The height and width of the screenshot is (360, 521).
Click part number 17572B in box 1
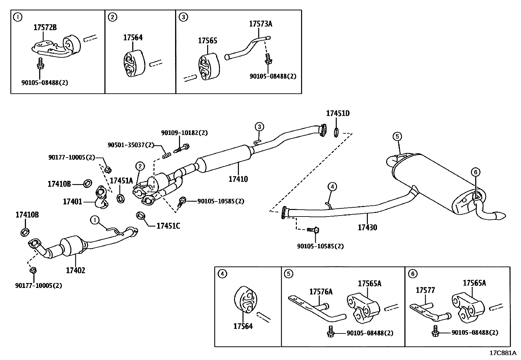[x=45, y=28]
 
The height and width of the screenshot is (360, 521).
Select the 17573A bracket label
[x=260, y=24]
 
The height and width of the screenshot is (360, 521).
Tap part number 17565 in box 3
[x=207, y=41]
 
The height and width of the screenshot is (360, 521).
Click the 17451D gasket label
[x=337, y=114]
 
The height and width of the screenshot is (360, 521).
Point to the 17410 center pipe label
[x=238, y=179]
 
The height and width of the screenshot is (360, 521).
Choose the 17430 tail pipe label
[x=367, y=227]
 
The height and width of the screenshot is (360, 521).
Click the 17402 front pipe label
[x=75, y=271]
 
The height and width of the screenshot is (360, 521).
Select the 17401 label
[x=72, y=201]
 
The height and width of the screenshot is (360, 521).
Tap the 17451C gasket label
[x=168, y=226]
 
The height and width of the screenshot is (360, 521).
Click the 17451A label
[x=121, y=181]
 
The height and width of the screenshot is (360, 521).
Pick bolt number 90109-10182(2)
[x=184, y=133]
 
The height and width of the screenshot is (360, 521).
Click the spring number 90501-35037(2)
[x=131, y=145]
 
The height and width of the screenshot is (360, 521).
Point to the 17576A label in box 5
[x=321, y=292]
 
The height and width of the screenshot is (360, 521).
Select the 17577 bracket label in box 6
[x=425, y=290]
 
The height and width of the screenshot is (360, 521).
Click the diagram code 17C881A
[x=502, y=353]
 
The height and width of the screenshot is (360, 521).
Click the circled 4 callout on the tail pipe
[x=332, y=187]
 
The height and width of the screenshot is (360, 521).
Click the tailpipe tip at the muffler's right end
[x=500, y=216]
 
